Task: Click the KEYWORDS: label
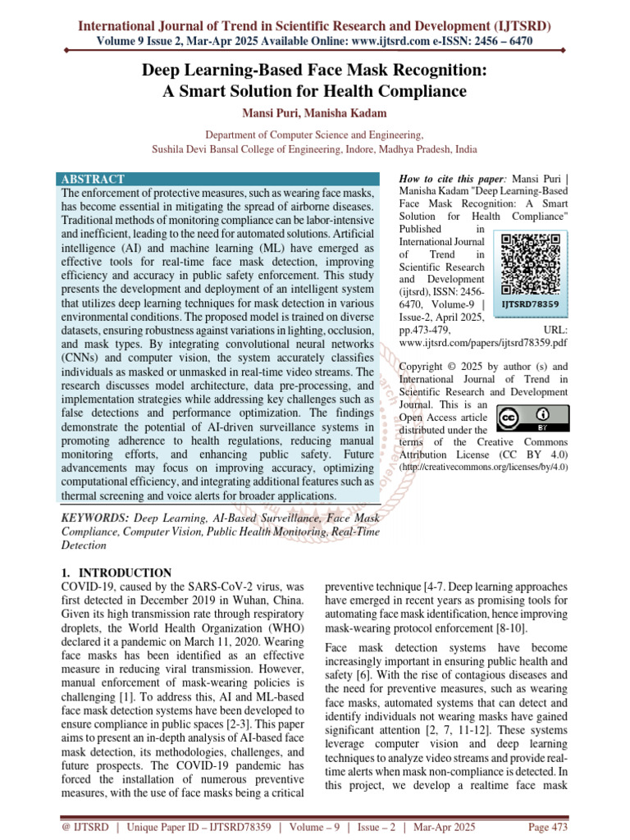[x=96, y=519]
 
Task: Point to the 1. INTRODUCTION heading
[x=116, y=573]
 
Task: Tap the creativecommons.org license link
[x=484, y=467]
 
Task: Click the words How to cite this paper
[x=451, y=179]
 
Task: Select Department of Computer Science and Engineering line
[x=314, y=135]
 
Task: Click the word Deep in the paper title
[x=163, y=71]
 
